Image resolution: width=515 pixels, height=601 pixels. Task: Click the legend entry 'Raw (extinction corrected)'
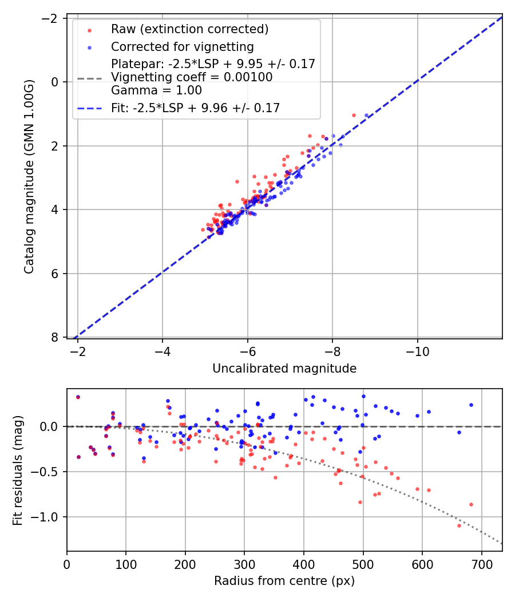(x=189, y=29)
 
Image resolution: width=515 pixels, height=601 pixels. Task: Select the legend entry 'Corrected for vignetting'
(x=182, y=46)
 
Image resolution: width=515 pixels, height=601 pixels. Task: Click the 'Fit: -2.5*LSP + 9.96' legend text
(x=195, y=108)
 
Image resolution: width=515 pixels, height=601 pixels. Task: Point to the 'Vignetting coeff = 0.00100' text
(x=192, y=77)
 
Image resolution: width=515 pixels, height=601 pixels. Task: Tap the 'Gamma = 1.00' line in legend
(x=156, y=90)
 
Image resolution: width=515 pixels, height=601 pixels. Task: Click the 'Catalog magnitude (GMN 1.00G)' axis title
(x=29, y=176)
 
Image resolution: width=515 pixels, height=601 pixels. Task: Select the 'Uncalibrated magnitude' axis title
(x=284, y=369)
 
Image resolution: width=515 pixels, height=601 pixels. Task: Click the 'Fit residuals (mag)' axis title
(x=18, y=470)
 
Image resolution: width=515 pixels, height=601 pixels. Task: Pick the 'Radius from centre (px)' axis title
(x=284, y=581)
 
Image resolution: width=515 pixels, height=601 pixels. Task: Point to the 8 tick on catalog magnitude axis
(x=56, y=338)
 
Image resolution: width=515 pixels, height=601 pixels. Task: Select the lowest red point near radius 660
(x=459, y=525)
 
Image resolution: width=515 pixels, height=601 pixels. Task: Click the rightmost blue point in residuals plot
(x=471, y=405)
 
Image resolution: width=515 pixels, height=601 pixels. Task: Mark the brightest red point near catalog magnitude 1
(x=354, y=115)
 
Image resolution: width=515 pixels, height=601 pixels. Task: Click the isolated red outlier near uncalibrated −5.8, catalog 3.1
(x=237, y=181)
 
